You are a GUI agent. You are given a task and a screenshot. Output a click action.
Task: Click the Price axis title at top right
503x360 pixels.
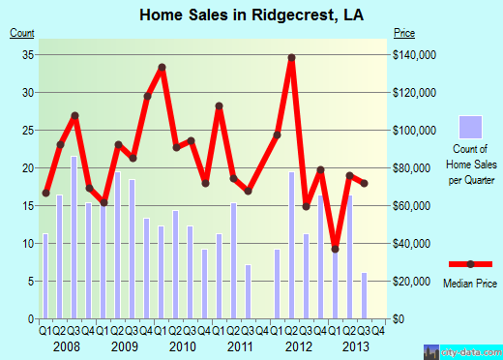403,34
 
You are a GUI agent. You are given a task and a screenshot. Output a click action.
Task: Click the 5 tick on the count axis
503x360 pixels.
30,282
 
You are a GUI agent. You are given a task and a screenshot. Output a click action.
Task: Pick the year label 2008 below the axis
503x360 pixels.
66,345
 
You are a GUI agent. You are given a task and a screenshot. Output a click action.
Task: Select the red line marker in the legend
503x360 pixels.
470,263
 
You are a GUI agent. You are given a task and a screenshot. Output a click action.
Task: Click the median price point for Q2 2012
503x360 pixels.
291,58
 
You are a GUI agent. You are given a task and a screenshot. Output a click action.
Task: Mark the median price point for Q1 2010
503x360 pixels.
162,67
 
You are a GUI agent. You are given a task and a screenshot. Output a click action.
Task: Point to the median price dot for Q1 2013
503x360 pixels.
335,249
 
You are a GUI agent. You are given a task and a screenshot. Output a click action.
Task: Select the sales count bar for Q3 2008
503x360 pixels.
74,237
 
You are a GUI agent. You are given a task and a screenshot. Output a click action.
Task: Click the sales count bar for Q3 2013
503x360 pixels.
364,295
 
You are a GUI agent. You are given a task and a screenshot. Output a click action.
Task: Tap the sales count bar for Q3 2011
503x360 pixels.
248,291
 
